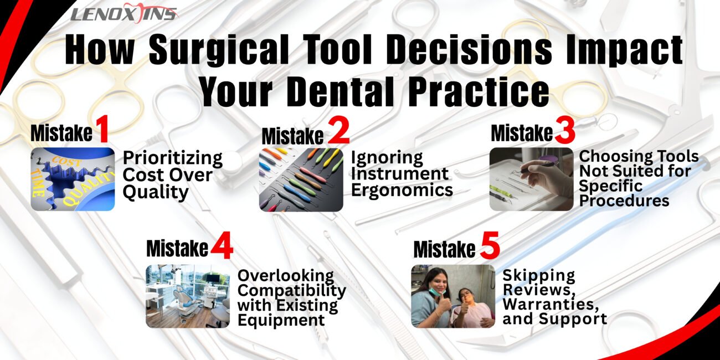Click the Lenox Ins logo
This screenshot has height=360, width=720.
point(124,13)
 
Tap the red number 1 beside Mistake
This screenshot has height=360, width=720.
point(102,130)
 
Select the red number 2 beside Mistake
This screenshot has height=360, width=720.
point(338,131)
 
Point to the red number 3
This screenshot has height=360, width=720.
point(565,131)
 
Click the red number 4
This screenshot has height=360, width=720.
point(222,245)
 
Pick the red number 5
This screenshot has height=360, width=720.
point(490,245)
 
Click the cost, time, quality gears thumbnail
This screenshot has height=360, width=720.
point(73,179)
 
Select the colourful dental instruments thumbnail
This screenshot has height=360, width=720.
point(301,179)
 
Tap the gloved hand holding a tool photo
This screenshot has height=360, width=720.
point(531,179)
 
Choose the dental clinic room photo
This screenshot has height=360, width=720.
point(188,296)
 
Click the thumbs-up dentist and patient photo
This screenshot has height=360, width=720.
point(453,296)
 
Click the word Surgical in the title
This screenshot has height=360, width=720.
point(219,50)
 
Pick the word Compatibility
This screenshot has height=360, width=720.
point(292,291)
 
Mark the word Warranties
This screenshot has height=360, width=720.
point(551,304)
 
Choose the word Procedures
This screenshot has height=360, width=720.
point(624,200)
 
